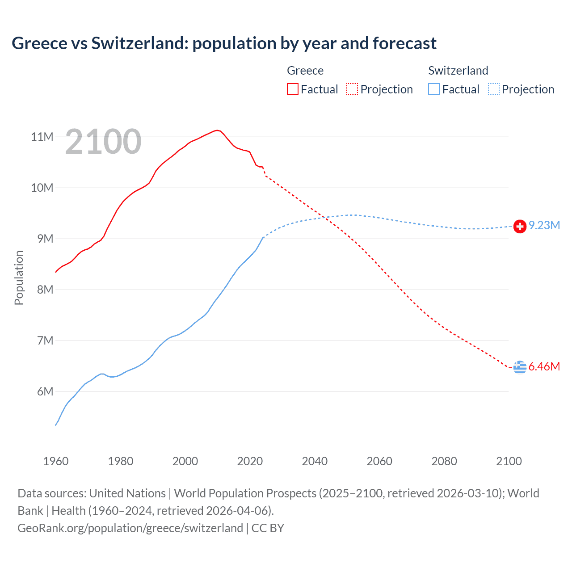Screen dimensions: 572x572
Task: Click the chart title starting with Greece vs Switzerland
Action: (224, 43)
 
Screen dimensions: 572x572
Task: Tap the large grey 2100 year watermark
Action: (103, 142)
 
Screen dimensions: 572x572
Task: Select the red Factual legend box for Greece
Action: (292, 89)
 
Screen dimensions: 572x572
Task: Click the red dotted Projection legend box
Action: (352, 89)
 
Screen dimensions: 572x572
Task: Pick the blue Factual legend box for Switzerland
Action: (434, 89)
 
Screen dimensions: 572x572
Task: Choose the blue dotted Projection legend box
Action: (494, 89)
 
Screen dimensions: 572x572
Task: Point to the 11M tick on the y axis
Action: (42, 137)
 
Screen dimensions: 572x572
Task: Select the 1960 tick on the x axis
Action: (56, 461)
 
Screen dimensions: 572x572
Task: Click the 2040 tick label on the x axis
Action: (315, 461)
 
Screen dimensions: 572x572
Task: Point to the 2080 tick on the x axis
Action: (444, 461)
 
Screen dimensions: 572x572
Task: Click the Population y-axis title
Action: (19, 278)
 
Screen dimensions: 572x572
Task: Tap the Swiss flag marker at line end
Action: (520, 227)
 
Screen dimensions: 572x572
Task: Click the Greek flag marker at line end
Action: (520, 367)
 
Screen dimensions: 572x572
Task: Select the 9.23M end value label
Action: (544, 226)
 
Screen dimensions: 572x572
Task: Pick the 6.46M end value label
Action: (544, 367)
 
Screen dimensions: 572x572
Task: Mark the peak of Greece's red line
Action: (217, 130)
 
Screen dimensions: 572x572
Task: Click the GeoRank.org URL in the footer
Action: (130, 528)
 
